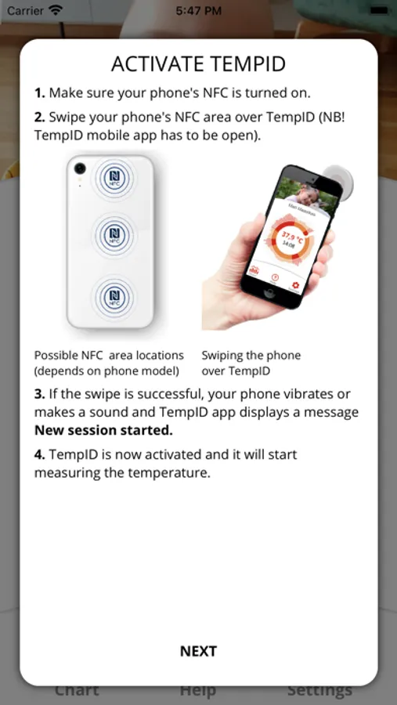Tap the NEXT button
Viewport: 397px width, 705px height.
[198, 651]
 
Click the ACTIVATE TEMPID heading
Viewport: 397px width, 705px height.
[198, 64]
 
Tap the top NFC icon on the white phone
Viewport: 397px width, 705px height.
[112, 179]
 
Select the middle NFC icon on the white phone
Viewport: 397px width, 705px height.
[112, 236]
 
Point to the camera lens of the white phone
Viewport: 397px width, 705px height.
[80, 168]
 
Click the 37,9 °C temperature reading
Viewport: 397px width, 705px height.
[293, 236]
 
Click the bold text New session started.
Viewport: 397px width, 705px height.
[103, 430]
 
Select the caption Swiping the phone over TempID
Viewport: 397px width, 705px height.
[251, 363]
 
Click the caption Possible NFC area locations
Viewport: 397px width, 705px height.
[110, 355]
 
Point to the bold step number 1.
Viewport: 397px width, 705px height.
[40, 93]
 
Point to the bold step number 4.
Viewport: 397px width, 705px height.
[40, 454]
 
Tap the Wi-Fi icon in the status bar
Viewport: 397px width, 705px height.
[56, 10]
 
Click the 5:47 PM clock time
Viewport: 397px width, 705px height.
[198, 11]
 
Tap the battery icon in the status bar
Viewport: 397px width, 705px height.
[379, 11]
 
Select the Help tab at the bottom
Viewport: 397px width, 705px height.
[198, 690]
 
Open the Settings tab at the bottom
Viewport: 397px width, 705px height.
[319, 690]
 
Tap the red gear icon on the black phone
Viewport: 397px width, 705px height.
[295, 285]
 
